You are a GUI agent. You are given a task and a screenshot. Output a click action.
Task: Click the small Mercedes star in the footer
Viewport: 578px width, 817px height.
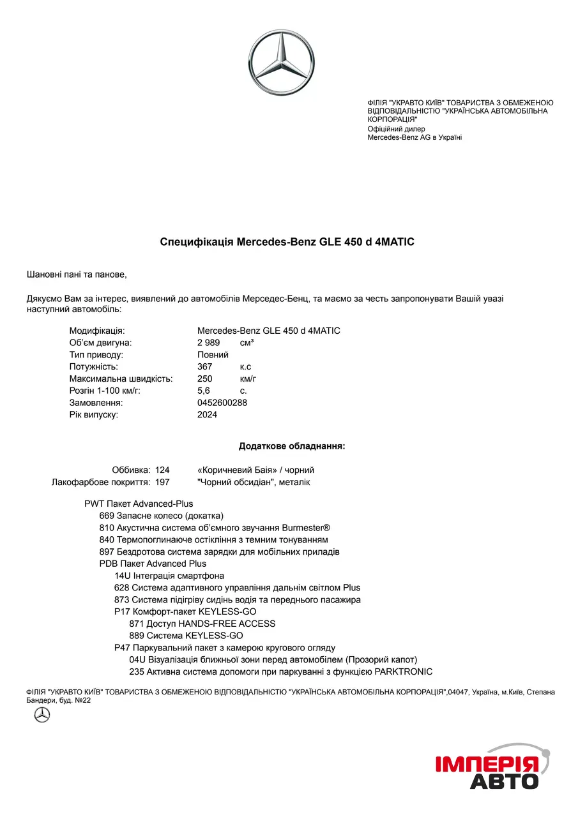(42, 715)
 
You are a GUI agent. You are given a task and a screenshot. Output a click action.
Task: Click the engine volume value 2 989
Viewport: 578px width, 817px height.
(209, 343)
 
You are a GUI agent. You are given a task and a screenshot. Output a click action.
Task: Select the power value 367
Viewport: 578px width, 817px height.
(205, 367)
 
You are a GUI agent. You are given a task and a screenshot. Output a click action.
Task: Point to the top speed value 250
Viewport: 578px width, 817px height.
(205, 379)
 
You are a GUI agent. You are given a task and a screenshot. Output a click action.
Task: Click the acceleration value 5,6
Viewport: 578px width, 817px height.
(204, 391)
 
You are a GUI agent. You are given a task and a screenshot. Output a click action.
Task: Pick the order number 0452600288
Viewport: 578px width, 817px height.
(222, 403)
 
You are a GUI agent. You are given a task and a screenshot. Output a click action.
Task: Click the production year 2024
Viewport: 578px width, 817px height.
(208, 415)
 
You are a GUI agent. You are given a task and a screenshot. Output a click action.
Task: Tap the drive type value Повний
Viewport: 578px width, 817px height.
(213, 355)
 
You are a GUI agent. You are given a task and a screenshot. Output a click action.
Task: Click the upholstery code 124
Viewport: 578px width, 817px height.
(162, 470)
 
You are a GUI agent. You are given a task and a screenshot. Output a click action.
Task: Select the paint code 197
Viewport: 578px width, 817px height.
(162, 483)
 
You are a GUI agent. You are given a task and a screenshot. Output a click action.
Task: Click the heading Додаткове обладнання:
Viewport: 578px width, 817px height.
(292, 446)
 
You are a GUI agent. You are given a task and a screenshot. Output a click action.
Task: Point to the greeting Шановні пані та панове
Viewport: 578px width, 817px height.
(77, 274)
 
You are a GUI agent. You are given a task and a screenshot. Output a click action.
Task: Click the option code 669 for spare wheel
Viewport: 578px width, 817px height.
(107, 516)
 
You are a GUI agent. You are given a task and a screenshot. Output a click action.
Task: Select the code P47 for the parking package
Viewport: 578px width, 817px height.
(122, 648)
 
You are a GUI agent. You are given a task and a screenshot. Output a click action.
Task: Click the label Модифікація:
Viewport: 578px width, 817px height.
(97, 331)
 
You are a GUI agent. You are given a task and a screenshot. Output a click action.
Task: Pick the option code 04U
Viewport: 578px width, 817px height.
(137, 659)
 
